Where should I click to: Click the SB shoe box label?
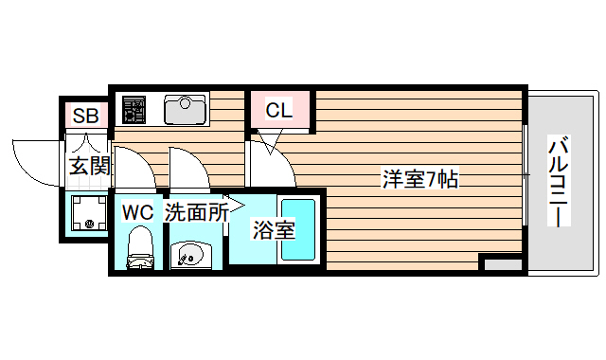(x=86, y=117)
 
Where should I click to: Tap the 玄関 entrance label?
(x=90, y=167)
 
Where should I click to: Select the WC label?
(x=138, y=212)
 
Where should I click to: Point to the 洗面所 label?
(x=196, y=212)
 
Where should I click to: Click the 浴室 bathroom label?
(x=273, y=229)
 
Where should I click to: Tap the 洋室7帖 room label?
(x=420, y=179)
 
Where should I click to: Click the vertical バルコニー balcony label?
(x=559, y=180)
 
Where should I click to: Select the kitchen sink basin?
(x=186, y=109)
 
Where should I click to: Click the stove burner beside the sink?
(x=132, y=108)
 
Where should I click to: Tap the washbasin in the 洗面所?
(x=192, y=254)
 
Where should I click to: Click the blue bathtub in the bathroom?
(x=299, y=232)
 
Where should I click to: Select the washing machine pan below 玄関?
(x=86, y=213)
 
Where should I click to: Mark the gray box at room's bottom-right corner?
(x=501, y=263)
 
